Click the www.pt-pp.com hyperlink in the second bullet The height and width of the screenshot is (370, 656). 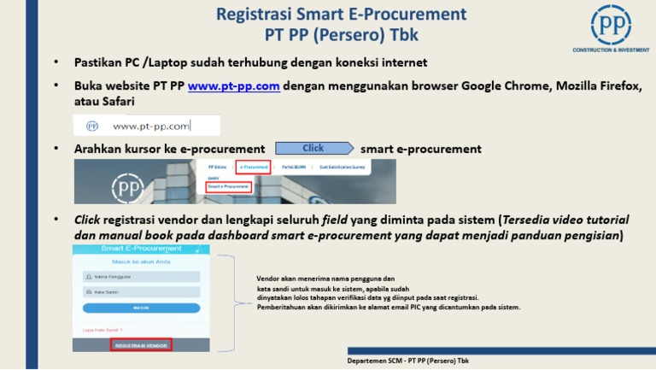pos(233,86)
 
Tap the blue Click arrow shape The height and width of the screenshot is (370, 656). pos(314,148)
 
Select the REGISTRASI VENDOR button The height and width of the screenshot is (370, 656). pos(141,344)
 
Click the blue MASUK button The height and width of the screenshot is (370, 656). pos(141,307)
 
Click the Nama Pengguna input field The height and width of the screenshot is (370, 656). pos(141,277)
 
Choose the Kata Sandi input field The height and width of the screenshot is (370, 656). pos(141,291)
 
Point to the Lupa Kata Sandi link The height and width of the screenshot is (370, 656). pos(102,329)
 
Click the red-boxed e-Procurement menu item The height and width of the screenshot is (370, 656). pos(253,167)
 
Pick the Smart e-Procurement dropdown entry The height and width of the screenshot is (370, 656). pos(228,185)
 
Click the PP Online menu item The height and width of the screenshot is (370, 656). pos(218,167)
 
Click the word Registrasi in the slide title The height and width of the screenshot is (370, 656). pos(255,15)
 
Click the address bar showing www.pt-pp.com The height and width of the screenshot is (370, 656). pos(150,126)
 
